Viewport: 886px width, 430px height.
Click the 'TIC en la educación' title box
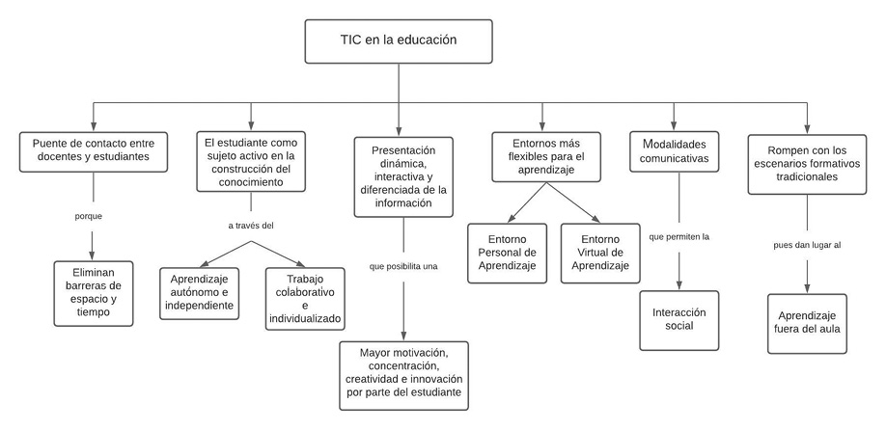pos(398,40)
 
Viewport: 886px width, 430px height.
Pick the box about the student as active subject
pos(251,161)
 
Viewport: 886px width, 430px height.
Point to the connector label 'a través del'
pos(251,226)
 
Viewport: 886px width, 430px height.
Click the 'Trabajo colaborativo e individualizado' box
pos(304,297)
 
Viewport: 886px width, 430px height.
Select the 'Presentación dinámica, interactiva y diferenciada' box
pos(403,175)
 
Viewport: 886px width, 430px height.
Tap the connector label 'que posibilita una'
pos(403,265)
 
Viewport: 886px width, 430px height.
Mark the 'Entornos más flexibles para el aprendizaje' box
pos(542,154)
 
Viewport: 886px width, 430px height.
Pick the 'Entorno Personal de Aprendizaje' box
pos(506,252)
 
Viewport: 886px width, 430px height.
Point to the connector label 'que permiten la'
pos(680,235)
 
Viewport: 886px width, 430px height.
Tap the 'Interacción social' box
pos(678,318)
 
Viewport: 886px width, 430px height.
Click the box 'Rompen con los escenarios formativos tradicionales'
pos(806,161)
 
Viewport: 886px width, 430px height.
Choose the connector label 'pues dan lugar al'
pos(807,246)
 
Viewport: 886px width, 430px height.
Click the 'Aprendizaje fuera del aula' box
pos(807,323)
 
